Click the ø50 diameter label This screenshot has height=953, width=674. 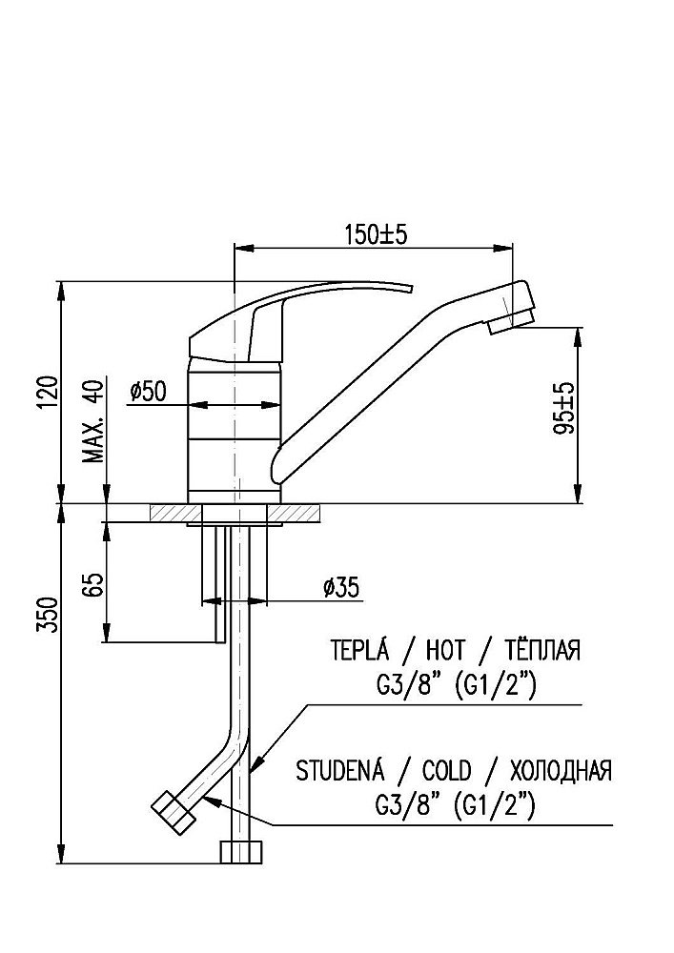148,390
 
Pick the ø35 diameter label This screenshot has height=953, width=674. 340,588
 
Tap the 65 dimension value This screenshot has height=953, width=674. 93,584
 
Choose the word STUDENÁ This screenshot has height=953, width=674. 346,770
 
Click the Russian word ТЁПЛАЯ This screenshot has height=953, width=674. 537,651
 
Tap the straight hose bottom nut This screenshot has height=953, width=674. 240,851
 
